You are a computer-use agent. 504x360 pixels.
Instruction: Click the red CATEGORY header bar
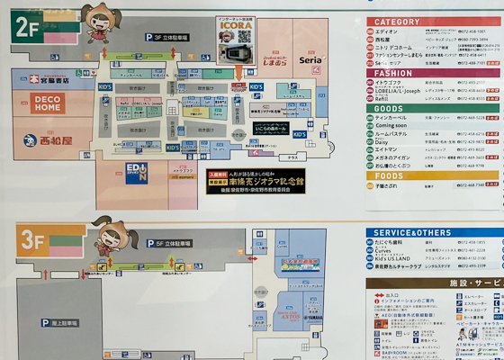432,22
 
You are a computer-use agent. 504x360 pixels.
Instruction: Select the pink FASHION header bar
432,73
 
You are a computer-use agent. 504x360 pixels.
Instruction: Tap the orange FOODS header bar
432,176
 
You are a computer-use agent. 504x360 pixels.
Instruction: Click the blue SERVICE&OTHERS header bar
432,232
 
